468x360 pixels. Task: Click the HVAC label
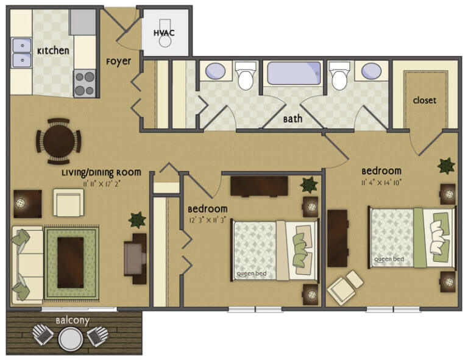click(164, 32)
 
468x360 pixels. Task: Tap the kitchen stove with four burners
click(85, 83)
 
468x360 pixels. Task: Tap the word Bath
click(292, 119)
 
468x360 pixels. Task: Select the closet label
click(424, 100)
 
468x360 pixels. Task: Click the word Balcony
click(73, 320)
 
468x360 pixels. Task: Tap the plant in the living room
click(136, 219)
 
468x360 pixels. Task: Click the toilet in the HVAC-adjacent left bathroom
click(246, 76)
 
